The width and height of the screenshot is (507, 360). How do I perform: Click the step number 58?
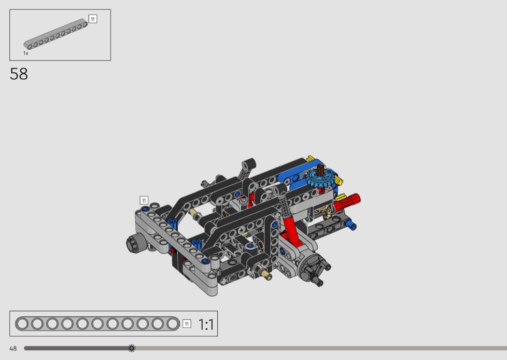point(19,74)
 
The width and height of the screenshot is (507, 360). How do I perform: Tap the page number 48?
point(13,348)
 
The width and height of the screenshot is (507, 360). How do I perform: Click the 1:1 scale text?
point(206,324)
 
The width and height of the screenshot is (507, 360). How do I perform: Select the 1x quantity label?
point(26,53)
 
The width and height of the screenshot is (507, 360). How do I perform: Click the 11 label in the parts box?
point(93,19)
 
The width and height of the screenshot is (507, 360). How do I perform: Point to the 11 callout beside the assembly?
point(144,200)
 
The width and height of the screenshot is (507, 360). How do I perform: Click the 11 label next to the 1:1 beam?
point(187,324)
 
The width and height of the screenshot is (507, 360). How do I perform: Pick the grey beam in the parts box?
point(56,34)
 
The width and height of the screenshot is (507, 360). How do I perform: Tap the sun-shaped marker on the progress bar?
point(132,348)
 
